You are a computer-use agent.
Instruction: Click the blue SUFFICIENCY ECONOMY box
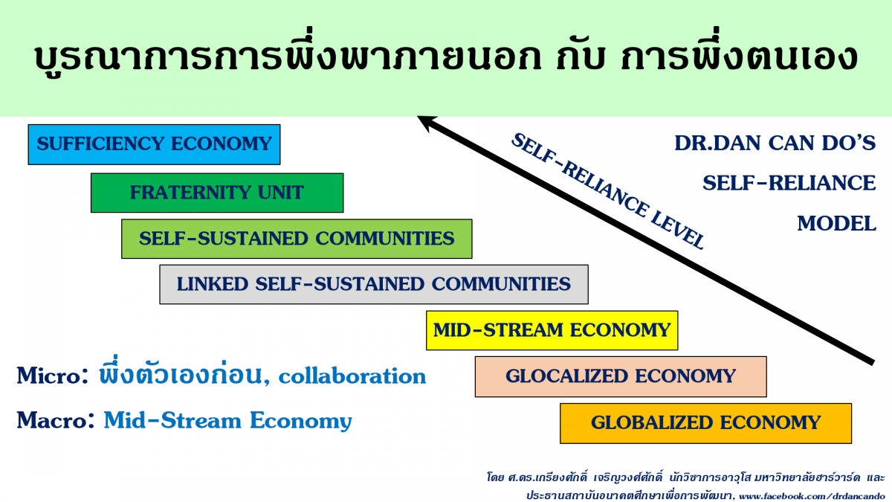point(154,144)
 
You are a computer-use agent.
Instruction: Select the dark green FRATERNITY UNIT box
point(217,193)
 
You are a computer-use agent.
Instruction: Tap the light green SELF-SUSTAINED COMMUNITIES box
point(297,239)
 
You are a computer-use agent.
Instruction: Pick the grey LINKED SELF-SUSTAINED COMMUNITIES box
point(374,284)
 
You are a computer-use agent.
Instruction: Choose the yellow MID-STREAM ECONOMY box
point(552,331)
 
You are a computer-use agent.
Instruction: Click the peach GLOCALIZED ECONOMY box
point(621,376)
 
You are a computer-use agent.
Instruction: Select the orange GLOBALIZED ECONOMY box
point(705,423)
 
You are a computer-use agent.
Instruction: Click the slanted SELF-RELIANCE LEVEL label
point(608,191)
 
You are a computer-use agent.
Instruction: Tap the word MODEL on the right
point(837,224)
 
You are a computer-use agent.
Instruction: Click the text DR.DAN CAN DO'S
point(775,143)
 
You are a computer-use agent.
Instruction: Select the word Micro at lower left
point(48,376)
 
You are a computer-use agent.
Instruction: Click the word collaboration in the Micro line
point(352,376)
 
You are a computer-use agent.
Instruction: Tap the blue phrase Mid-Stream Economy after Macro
point(227,421)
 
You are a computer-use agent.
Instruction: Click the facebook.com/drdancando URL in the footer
point(812,497)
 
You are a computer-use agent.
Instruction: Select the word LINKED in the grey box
point(213,284)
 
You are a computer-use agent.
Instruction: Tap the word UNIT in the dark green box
point(281,193)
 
